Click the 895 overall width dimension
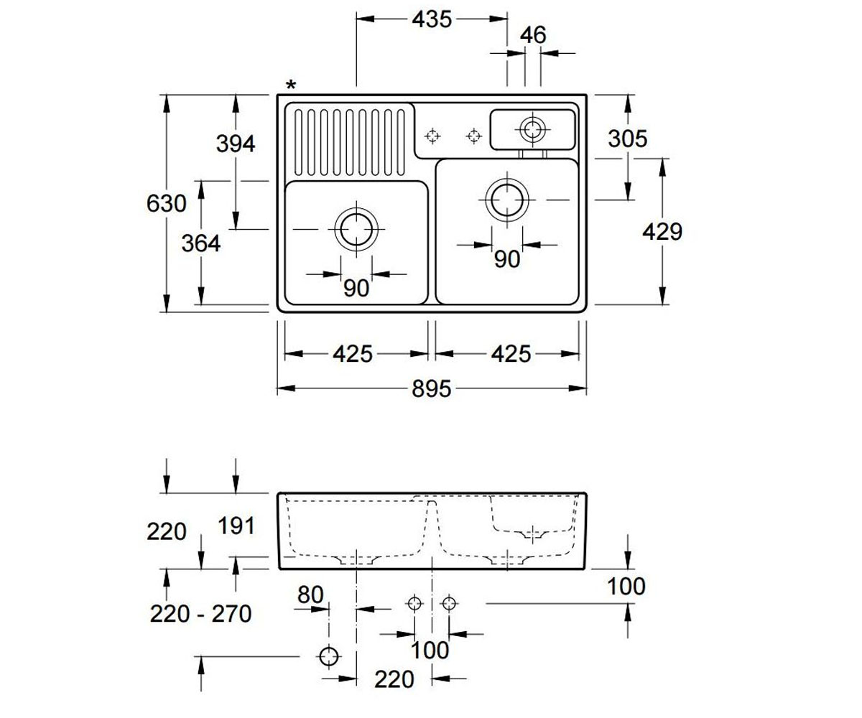432,388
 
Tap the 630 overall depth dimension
167,203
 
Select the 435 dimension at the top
432,19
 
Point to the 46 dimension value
533,35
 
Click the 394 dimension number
236,144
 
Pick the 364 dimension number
201,243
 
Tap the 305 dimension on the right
628,139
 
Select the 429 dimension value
662,231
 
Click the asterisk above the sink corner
291,85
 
